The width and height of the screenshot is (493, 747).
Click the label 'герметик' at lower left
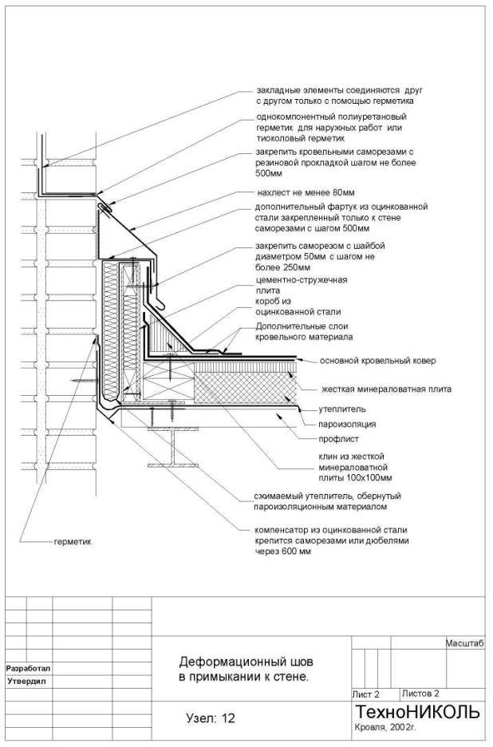coord(73,542)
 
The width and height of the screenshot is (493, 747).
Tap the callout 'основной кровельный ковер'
coord(377,361)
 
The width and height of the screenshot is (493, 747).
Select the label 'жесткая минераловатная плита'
coord(387,389)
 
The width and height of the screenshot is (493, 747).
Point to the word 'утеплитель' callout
coord(342,409)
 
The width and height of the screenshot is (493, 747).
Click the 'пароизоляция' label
coord(347,424)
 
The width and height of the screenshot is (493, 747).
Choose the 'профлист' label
coord(339,439)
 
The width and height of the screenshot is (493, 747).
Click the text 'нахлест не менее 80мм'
coord(306,193)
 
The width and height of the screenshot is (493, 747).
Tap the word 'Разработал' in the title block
coord(28,669)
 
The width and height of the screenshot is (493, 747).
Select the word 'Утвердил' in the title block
coord(26,682)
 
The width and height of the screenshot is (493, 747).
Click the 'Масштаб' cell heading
coord(465,643)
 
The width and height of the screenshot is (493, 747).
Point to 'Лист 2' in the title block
coord(366,694)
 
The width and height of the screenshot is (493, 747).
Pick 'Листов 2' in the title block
coord(420,694)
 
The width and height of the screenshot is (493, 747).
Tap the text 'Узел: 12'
coord(211,718)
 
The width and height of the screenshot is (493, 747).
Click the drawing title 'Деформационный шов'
coord(246,662)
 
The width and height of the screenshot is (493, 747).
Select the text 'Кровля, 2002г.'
coord(386,728)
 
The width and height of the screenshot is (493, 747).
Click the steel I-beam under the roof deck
coord(172,447)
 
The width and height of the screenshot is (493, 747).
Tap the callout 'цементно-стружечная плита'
coord(301,285)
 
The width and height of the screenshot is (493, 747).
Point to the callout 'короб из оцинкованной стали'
coord(298,306)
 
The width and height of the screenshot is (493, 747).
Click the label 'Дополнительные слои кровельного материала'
coord(305,331)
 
